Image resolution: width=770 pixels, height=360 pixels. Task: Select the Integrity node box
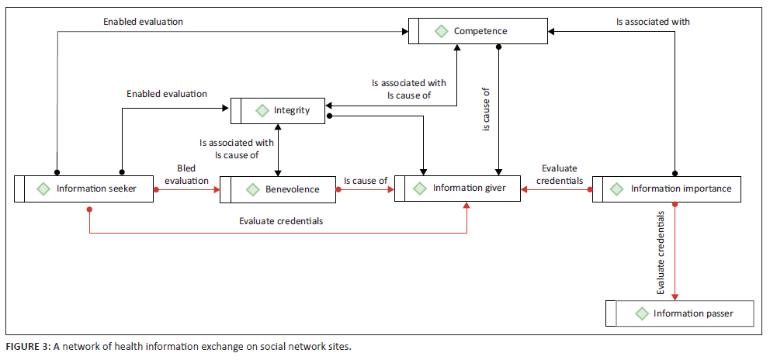coord(279,111)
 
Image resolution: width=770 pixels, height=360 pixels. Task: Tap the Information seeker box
coord(85,189)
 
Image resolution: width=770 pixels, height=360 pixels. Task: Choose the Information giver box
coord(458,189)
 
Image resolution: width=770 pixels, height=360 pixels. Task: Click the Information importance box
coord(661,189)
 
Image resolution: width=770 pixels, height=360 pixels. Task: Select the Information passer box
coord(679,313)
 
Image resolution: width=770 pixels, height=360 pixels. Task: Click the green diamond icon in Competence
coord(441,32)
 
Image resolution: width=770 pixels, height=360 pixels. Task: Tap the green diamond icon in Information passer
coord(641,313)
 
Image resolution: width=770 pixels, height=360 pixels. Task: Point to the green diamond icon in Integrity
coord(261,111)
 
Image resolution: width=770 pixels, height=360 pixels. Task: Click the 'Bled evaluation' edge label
coord(186,175)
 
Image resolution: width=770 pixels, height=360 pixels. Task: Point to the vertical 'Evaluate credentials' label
coord(661,252)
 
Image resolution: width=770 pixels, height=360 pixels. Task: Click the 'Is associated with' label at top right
coord(652,22)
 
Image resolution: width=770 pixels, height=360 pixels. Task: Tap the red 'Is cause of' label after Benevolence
coord(366,181)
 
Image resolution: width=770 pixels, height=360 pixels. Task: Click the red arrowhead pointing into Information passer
coord(675,295)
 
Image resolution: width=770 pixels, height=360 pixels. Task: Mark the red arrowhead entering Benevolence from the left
coord(216,189)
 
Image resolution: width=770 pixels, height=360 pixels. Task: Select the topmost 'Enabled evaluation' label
coord(143,22)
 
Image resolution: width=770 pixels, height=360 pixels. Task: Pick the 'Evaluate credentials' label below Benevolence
coord(281,221)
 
